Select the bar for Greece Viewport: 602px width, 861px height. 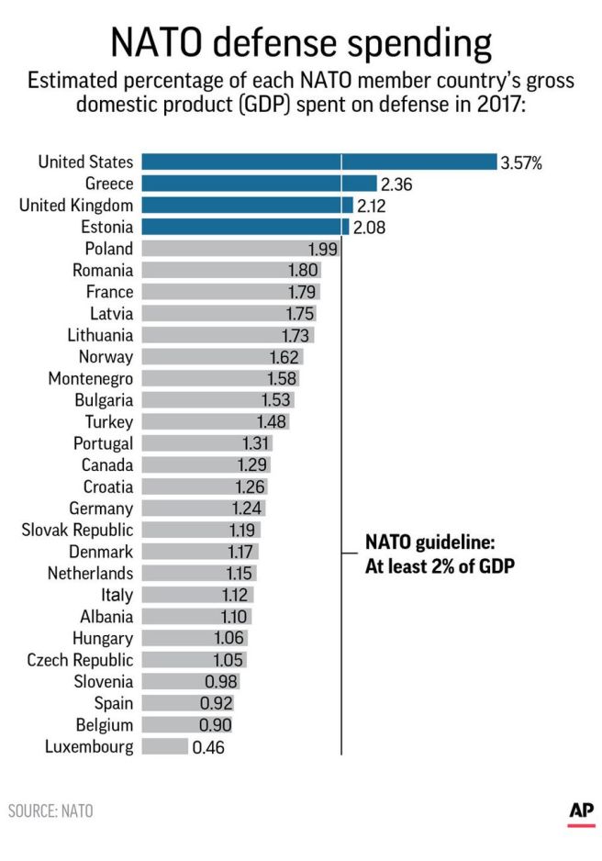point(259,184)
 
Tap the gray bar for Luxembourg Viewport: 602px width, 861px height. point(163,747)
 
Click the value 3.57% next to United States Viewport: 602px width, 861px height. point(521,162)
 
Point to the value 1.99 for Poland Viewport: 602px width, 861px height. point(323,249)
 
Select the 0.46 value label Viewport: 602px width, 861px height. point(207,747)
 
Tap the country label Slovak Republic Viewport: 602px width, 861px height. point(77,530)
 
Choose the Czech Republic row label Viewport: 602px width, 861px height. point(80,660)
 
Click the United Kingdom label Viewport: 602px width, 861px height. point(76,205)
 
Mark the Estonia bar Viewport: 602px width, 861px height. point(245,227)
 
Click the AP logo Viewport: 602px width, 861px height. point(581,811)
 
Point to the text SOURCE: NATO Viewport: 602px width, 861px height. point(50,811)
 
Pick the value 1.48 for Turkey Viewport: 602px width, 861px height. point(272,422)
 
